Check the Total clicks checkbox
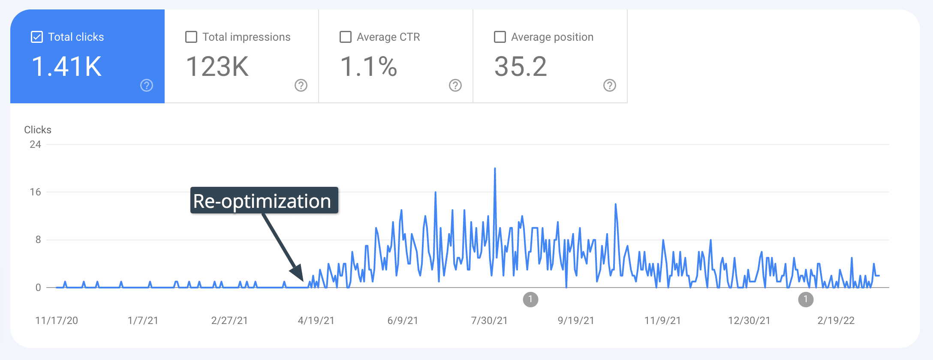[37, 37]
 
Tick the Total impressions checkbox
[191, 37]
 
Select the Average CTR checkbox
[346, 37]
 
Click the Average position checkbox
[500, 37]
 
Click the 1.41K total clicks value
[66, 67]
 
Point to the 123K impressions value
[217, 67]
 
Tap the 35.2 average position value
[521, 67]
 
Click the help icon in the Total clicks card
[147, 85]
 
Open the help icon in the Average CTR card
[455, 85]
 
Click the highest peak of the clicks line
[495, 168]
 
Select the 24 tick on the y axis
[35, 144]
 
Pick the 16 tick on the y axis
[35, 192]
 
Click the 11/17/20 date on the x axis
[57, 321]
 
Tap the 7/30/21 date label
[489, 321]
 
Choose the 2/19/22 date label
[836, 321]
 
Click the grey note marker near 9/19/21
[530, 299]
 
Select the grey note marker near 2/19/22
[806, 299]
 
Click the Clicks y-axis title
[38, 130]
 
